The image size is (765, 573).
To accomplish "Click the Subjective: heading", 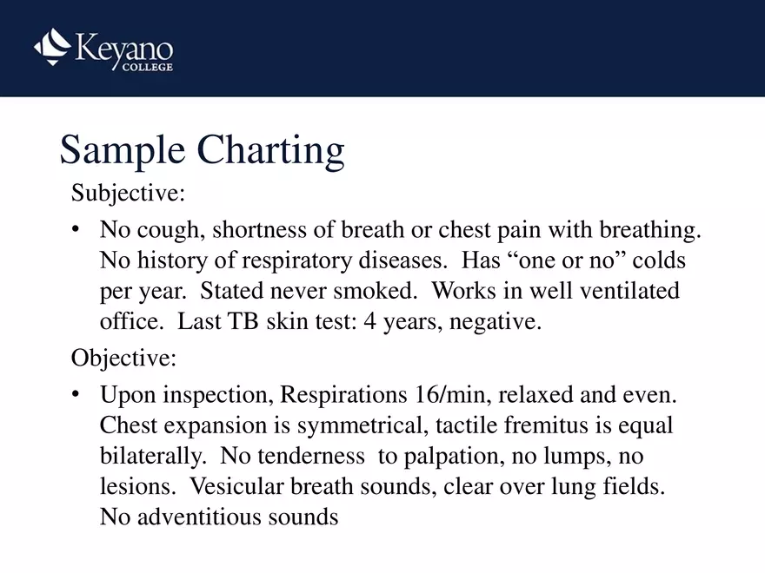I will click(x=128, y=192).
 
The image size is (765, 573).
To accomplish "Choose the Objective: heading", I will click(x=123, y=357).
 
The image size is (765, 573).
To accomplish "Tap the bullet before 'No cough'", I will click(x=77, y=231).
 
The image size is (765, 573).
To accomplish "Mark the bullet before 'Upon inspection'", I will click(x=77, y=396).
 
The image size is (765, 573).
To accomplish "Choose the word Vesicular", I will click(x=241, y=486).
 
